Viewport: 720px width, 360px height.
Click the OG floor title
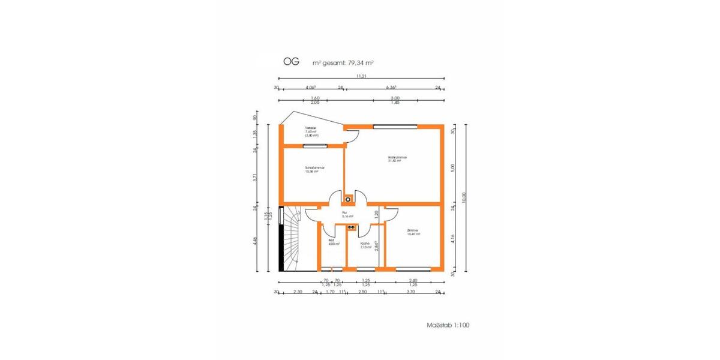click(292, 62)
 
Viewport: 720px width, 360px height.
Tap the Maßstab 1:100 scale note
click(448, 325)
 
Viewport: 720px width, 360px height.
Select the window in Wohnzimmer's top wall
click(395, 126)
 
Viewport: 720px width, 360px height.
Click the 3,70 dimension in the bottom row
click(410, 292)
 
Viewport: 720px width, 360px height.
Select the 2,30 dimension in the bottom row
click(298, 292)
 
